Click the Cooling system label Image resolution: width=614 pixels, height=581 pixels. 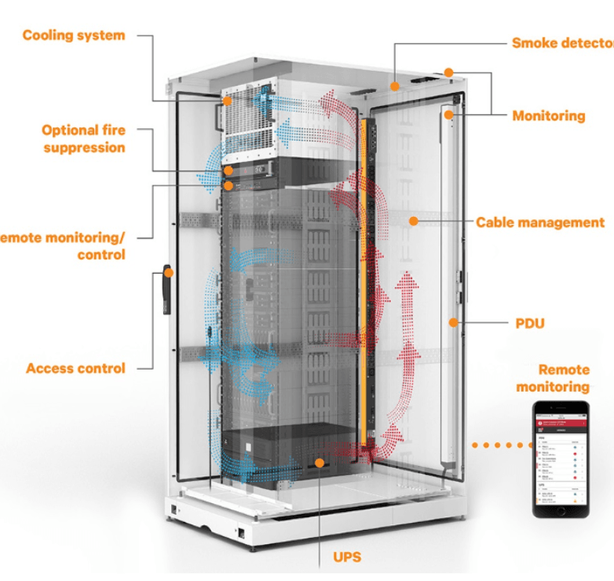click(x=73, y=35)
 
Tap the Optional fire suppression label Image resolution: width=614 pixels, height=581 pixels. click(x=84, y=138)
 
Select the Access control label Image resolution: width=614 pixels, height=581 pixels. click(x=75, y=368)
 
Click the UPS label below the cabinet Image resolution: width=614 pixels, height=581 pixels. click(x=347, y=557)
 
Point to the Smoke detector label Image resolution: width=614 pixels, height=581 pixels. click(x=562, y=42)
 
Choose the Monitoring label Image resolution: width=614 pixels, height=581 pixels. click(x=548, y=116)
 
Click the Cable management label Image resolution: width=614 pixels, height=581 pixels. click(x=540, y=222)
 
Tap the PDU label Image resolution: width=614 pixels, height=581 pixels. click(x=531, y=322)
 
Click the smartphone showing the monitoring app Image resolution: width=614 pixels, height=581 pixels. click(x=562, y=459)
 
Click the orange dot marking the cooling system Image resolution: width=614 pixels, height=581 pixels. click(x=227, y=101)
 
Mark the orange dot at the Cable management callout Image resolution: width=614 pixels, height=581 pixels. click(x=412, y=222)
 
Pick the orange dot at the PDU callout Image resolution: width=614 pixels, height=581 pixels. click(x=452, y=322)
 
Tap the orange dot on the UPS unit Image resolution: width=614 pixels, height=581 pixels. click(x=320, y=462)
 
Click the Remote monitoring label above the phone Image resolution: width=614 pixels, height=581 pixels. click(x=563, y=378)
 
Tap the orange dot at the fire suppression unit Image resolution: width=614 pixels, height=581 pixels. click(x=228, y=170)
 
